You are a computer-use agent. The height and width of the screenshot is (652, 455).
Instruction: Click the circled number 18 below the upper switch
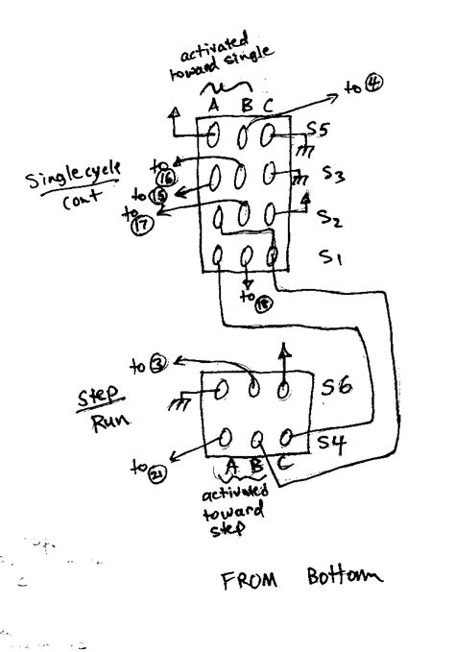click(264, 302)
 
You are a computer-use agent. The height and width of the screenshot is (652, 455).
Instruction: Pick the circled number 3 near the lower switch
click(157, 365)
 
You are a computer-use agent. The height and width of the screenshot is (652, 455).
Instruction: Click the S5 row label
click(320, 129)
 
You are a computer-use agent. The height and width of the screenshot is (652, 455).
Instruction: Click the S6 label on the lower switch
click(335, 387)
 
